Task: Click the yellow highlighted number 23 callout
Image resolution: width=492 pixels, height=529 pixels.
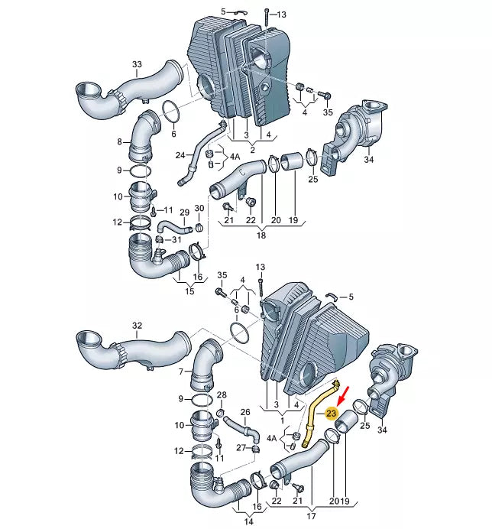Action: (331, 414)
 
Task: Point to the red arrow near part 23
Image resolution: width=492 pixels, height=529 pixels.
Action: (345, 395)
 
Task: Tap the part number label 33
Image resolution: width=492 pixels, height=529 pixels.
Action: (137, 64)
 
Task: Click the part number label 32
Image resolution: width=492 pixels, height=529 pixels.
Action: (137, 326)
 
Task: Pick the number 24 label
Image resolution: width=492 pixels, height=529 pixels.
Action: (180, 155)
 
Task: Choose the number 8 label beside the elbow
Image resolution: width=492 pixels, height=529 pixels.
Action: (119, 141)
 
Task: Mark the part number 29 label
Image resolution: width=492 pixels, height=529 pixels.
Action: (184, 213)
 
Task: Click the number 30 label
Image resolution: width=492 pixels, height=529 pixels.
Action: (199, 208)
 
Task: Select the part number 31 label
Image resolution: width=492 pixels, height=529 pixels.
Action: (176, 239)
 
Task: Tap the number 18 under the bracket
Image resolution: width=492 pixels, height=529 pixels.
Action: (261, 235)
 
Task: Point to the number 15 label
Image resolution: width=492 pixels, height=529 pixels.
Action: (190, 290)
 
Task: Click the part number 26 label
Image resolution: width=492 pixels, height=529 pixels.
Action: (245, 412)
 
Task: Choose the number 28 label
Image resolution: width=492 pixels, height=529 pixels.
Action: (222, 394)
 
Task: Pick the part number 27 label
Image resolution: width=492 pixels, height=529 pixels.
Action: (241, 448)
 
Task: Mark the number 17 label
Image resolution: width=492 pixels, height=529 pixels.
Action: (311, 515)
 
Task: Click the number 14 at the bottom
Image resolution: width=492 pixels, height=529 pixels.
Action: (248, 521)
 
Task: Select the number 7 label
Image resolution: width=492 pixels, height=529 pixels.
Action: (181, 372)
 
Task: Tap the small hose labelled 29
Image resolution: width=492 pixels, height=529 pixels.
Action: (174, 226)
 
